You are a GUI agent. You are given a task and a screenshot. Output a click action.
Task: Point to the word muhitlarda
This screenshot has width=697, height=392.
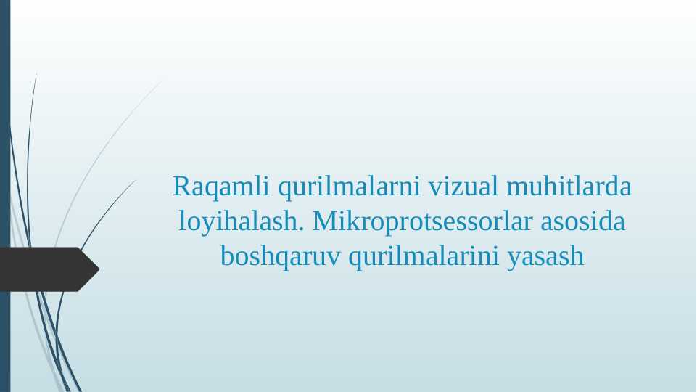coord(569,187)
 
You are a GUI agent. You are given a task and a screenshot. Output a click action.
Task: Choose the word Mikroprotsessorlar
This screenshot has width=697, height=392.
coord(420,222)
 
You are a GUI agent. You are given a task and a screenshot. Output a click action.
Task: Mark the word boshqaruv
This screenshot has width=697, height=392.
coord(280,256)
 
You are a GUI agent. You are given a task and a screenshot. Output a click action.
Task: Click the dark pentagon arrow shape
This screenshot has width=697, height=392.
coord(44,269)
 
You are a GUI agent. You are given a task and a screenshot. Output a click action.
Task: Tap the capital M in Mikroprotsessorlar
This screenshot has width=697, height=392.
coord(323,221)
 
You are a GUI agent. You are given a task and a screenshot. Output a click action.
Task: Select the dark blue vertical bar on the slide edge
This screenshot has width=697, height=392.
coord(5,196)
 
